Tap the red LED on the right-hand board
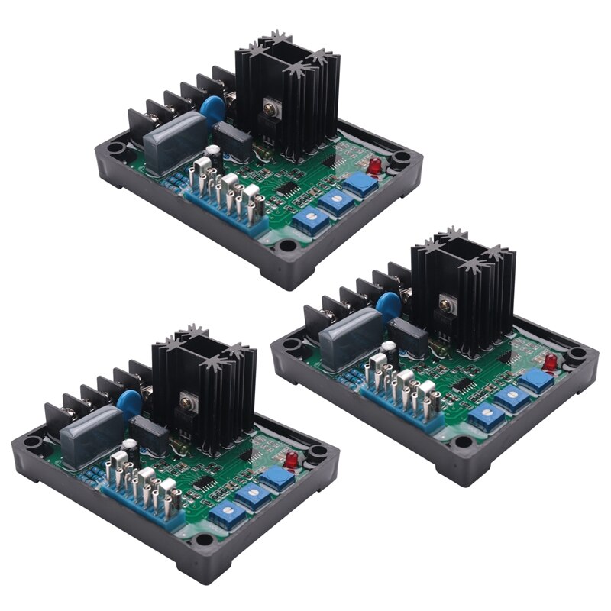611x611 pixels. [550, 361]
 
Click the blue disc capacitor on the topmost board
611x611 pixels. [213, 108]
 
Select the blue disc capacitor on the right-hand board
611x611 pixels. [389, 304]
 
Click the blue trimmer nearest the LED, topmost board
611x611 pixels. [359, 184]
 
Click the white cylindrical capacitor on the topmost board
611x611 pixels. [216, 153]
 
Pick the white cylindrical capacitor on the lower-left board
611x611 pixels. [132, 446]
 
